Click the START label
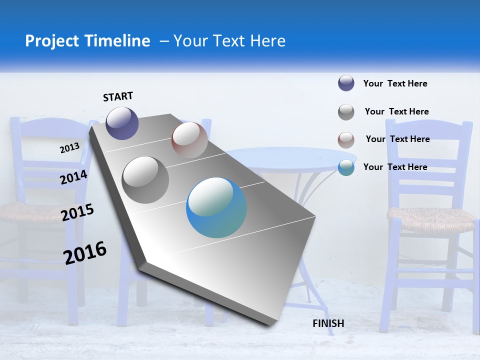118,96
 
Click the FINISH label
328,323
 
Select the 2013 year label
70,147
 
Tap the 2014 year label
74,177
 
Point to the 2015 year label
77,212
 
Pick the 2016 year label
85,252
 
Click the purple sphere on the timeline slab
122,123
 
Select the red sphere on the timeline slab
189,140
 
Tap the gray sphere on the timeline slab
145,179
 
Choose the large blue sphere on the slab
216,207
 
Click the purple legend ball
346,83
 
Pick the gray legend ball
346,112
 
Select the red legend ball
346,140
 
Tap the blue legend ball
346,167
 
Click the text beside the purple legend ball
395,83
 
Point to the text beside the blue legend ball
395,167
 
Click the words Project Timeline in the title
87,41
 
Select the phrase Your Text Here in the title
229,41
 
